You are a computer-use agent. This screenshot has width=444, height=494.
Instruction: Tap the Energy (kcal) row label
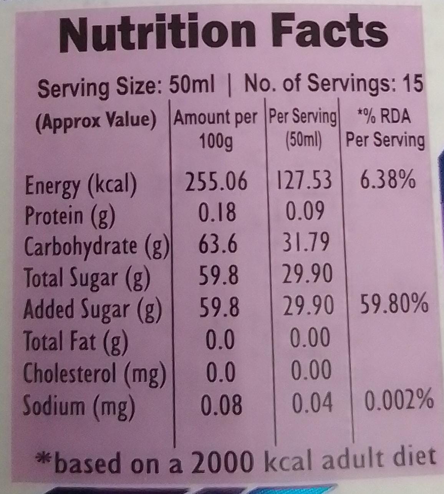pyautogui.click(x=80, y=185)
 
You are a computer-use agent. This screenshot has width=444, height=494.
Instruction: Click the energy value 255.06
pyautogui.click(x=216, y=181)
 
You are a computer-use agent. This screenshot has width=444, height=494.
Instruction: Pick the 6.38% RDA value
pyautogui.click(x=387, y=179)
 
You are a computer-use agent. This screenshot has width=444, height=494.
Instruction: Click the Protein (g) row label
pyautogui.click(x=70, y=215)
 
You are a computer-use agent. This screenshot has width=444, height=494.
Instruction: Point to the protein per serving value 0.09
pyautogui.click(x=305, y=211)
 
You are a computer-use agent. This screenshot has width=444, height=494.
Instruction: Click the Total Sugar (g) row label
pyautogui.click(x=86, y=277)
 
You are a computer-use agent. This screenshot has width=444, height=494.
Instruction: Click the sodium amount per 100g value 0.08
pyautogui.click(x=222, y=404)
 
